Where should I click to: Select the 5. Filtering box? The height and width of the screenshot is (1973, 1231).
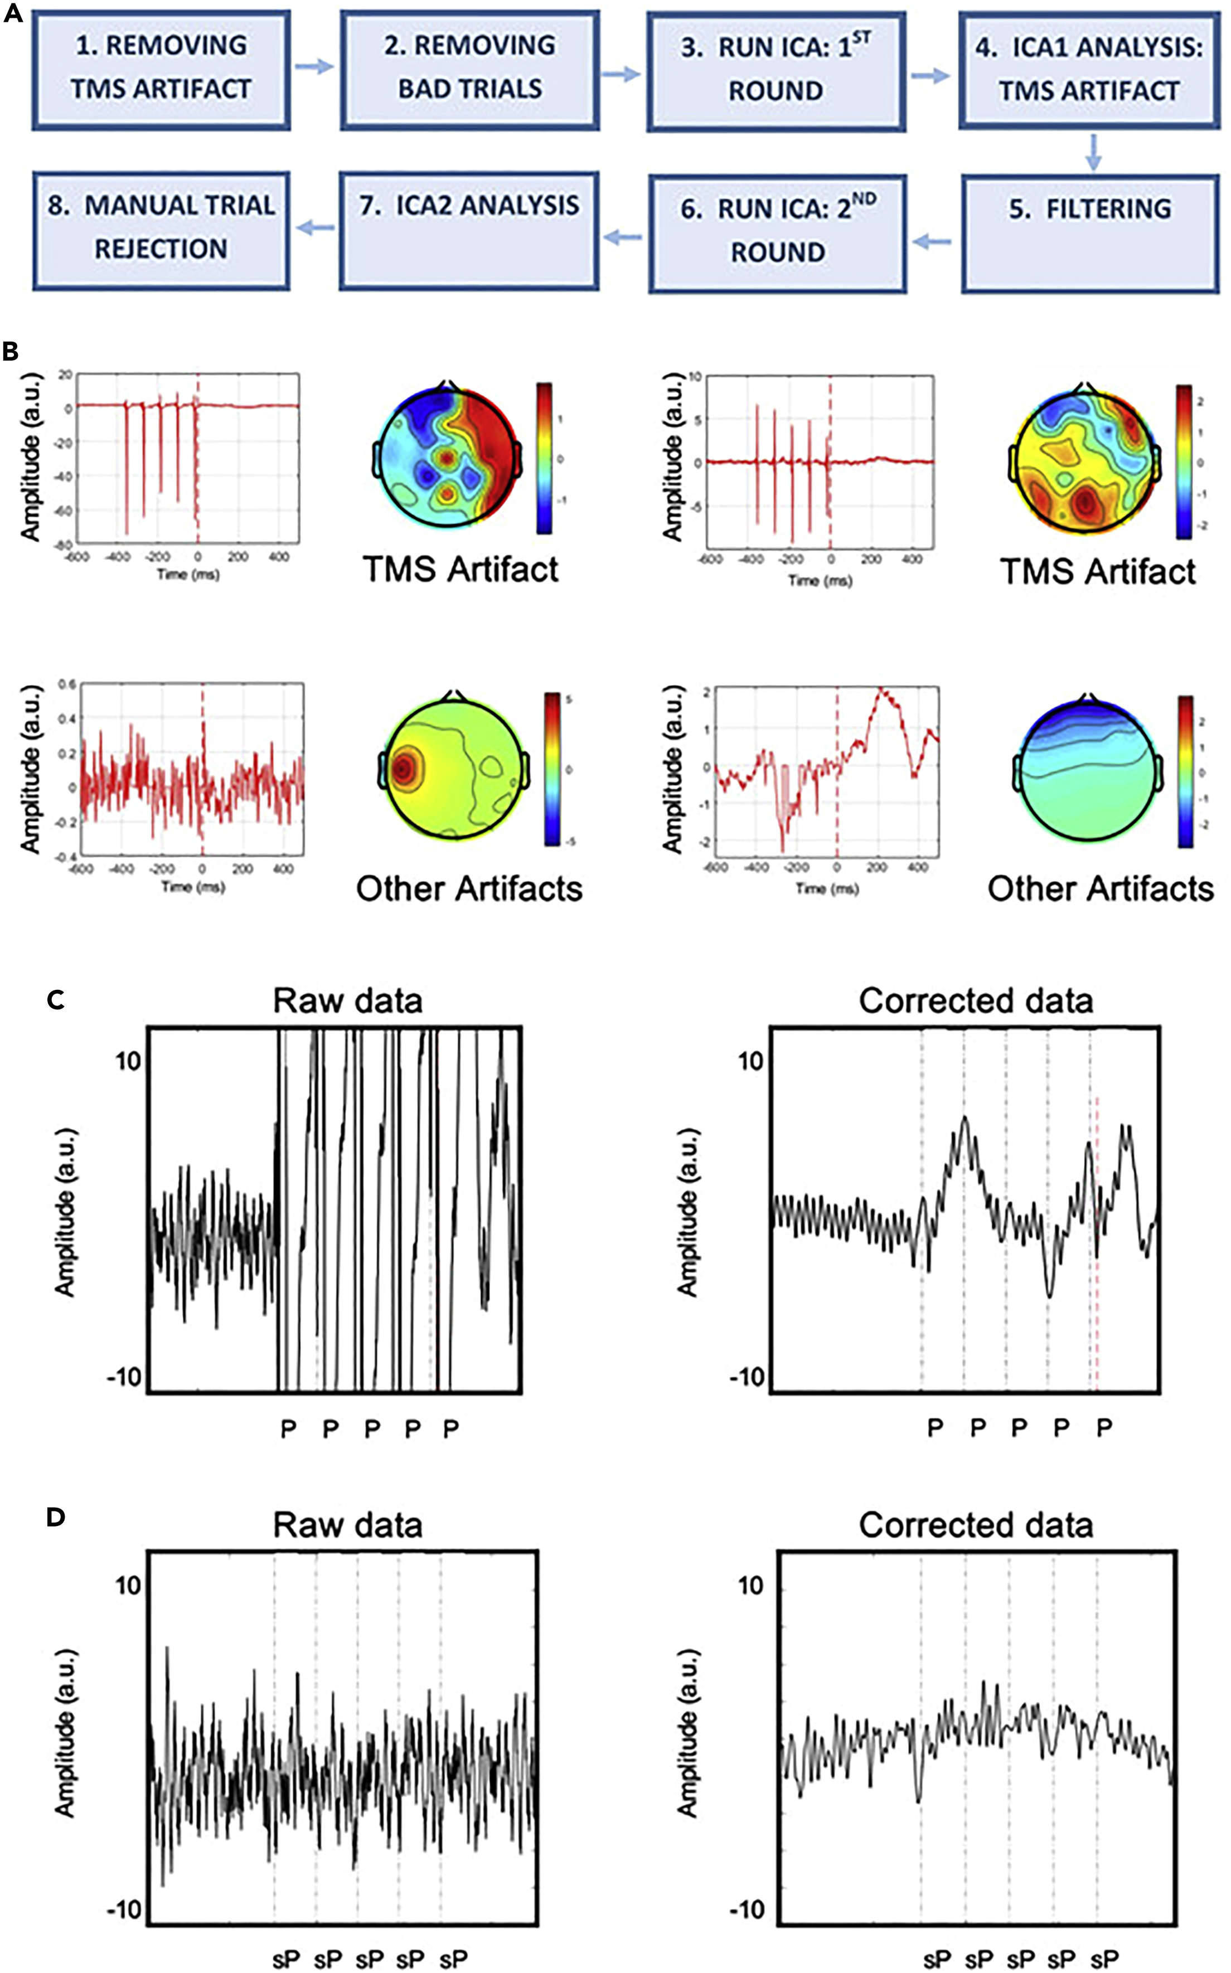(1089, 234)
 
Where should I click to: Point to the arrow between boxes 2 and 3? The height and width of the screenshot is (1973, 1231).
(621, 75)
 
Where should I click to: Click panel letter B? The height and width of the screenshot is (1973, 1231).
(11, 352)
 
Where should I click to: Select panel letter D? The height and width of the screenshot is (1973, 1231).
(55, 1518)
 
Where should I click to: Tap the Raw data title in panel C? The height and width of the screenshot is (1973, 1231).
(348, 1001)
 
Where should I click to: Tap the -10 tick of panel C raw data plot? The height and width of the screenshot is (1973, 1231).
(124, 1378)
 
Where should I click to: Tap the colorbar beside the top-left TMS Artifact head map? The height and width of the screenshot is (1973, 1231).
(544, 458)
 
